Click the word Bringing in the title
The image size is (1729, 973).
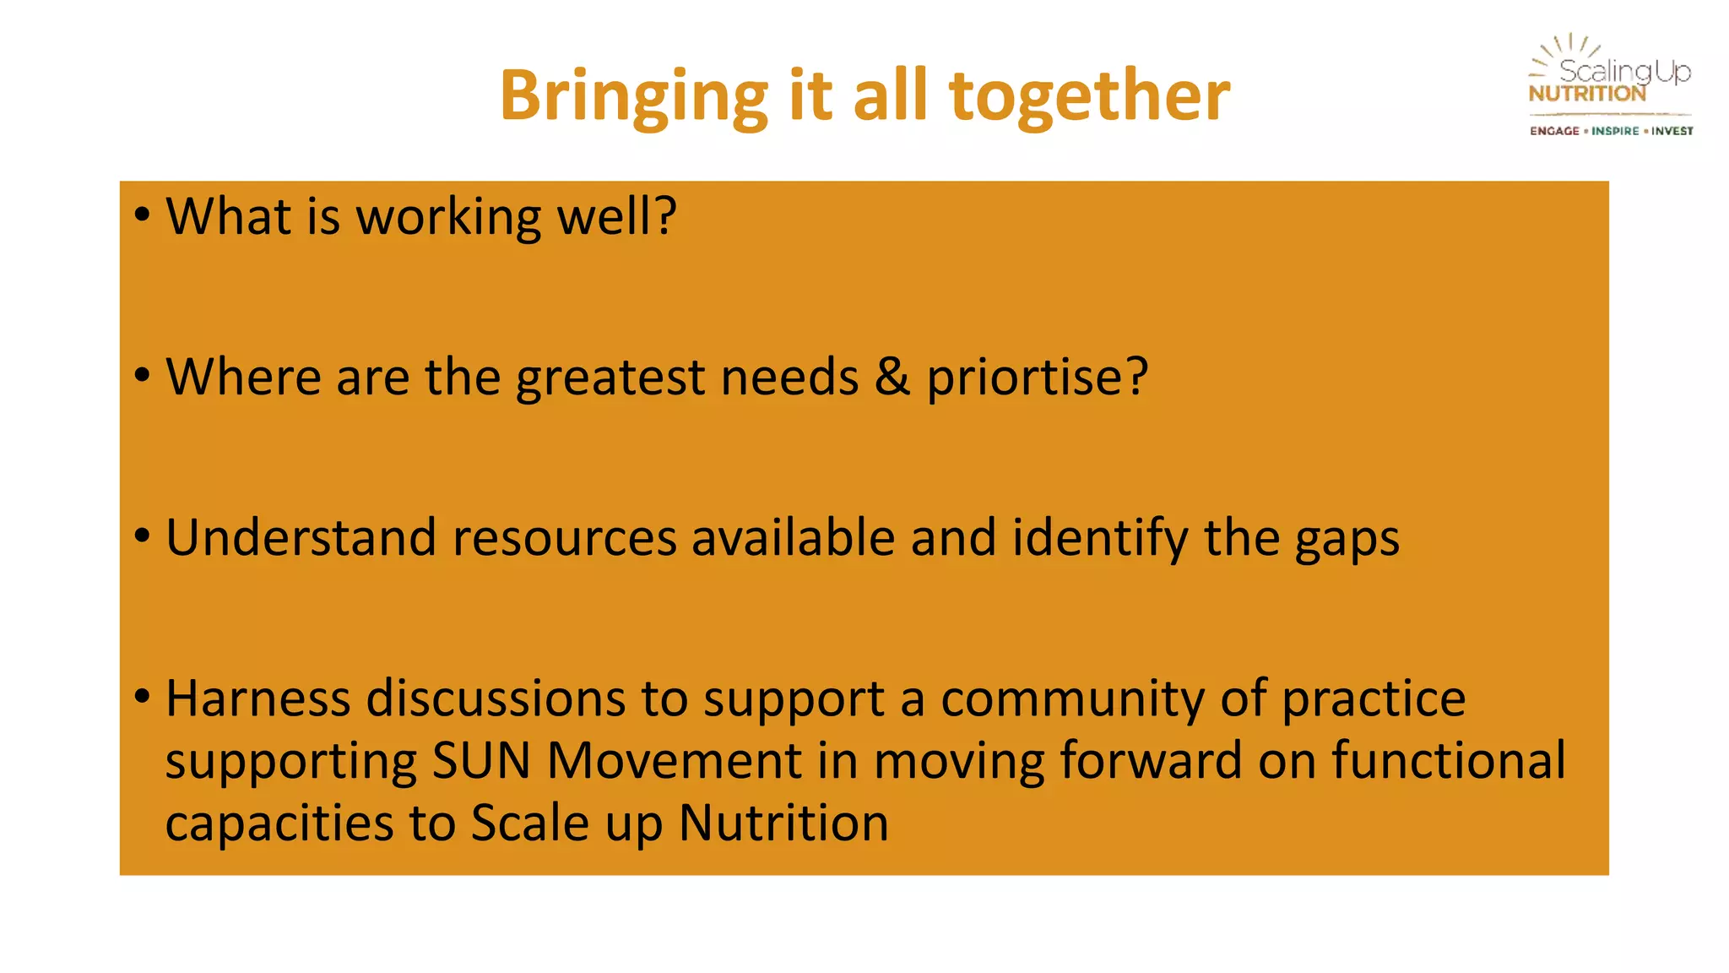[633, 96]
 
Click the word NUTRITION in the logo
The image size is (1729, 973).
[1587, 94]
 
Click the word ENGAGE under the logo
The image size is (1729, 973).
[1554, 131]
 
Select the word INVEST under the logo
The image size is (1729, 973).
[1672, 131]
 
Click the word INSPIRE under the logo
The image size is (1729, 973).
[1615, 131]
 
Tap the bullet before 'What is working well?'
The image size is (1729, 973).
[142, 215]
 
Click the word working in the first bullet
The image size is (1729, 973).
[448, 218]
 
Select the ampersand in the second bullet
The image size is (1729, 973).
[892, 377]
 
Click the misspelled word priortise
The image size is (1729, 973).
[1037, 377]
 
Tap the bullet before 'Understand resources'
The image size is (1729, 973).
[142, 535]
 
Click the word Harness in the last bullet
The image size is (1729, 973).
[257, 698]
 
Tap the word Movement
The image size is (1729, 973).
[674, 760]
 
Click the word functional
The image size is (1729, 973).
[1449, 760]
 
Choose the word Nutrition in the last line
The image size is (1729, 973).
[783, 823]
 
